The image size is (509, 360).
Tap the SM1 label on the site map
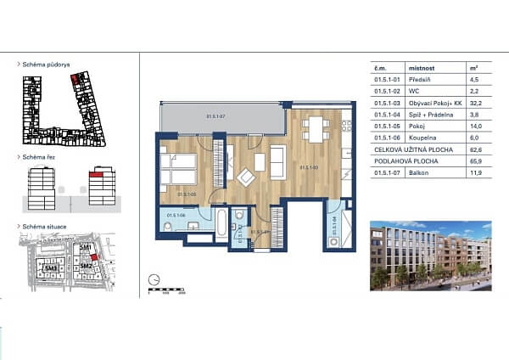pyautogui.click(x=86, y=247)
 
